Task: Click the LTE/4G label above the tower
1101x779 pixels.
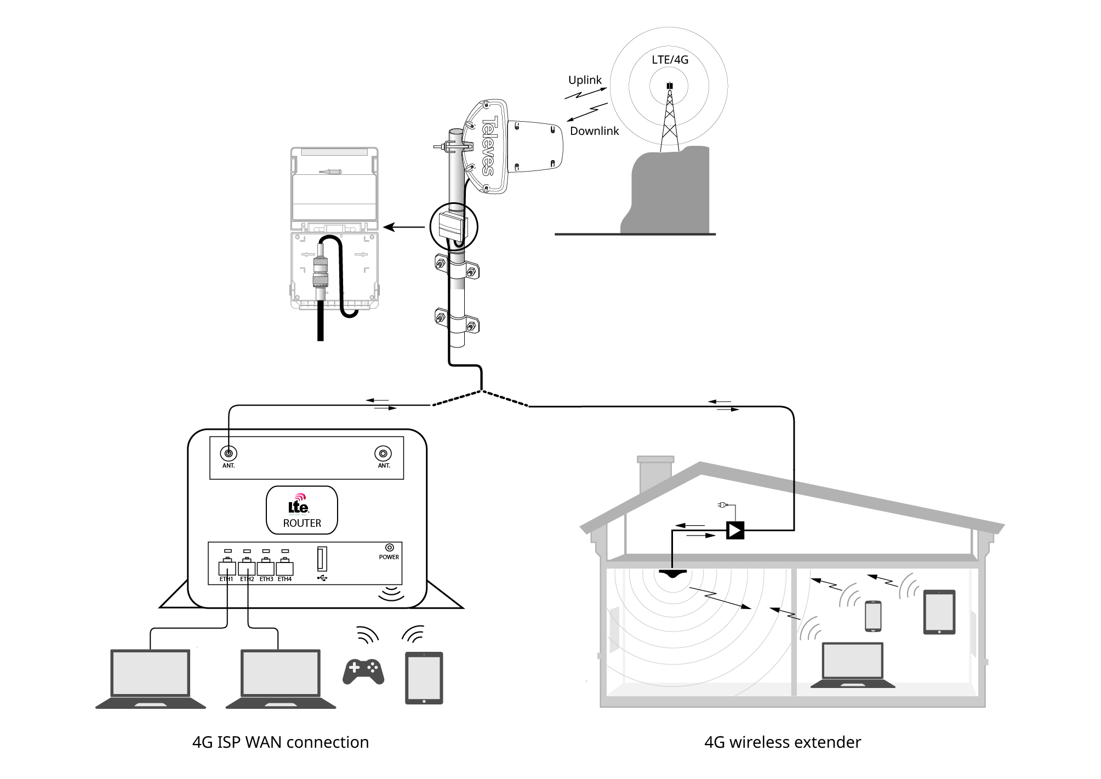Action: (670, 60)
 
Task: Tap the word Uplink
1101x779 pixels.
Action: (585, 80)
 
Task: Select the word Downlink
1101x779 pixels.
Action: (594, 131)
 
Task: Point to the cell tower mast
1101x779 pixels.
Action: (669, 121)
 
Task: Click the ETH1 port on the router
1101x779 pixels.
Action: (227, 567)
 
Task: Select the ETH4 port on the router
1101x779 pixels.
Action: (284, 567)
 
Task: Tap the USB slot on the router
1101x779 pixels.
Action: (322, 560)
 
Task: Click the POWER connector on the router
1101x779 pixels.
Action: (390, 548)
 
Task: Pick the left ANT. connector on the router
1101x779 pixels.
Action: (229, 453)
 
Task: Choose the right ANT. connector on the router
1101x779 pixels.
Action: (383, 453)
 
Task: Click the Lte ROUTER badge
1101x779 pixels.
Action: (302, 510)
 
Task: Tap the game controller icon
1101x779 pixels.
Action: (363, 670)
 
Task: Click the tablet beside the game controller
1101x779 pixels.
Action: (424, 678)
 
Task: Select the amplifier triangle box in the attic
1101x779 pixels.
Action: (735, 530)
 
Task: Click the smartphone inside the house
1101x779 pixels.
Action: (873, 616)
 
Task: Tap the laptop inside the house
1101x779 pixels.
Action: (852, 666)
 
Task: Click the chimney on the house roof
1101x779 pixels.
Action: (655, 474)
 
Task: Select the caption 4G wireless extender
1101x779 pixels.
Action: (782, 742)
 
